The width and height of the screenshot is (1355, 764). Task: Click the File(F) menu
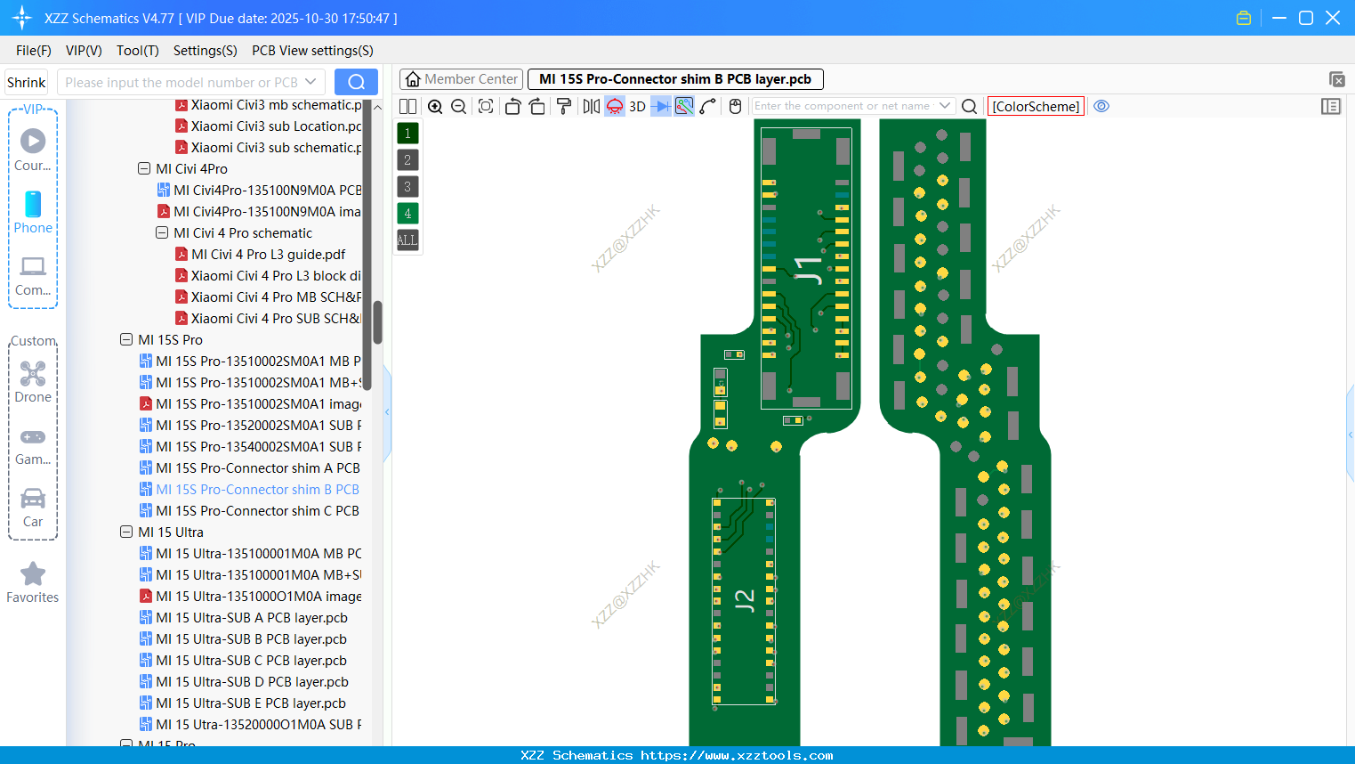click(x=33, y=51)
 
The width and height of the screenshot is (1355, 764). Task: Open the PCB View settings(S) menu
click(x=312, y=51)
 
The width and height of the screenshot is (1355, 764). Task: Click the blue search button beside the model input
click(x=356, y=82)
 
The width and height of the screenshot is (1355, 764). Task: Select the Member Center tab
click(x=461, y=79)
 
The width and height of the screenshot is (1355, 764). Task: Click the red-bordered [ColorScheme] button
click(x=1036, y=107)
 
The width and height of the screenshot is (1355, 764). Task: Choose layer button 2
click(x=407, y=160)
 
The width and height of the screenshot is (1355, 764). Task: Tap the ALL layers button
click(x=407, y=240)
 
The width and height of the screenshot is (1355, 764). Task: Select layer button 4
click(x=407, y=214)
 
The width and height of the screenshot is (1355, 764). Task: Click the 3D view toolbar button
click(x=637, y=107)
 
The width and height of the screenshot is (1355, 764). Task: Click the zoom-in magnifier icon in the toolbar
click(x=435, y=107)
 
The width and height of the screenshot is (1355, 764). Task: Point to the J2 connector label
click(x=745, y=600)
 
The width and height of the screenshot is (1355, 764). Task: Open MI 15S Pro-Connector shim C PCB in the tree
click(x=257, y=511)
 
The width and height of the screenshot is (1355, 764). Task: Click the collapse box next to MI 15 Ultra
click(x=126, y=532)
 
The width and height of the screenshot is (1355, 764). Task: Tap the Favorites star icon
click(x=33, y=574)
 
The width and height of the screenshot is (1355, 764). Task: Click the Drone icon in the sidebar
click(x=33, y=374)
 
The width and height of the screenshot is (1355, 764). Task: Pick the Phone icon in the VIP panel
click(x=33, y=205)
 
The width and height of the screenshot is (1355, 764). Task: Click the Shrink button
click(x=26, y=83)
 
